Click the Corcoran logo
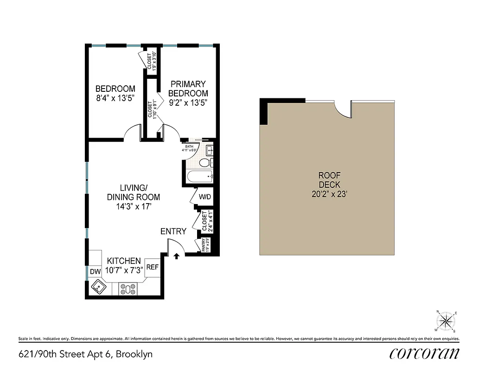coord(424,353)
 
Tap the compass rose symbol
coord(446,321)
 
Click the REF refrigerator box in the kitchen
coord(153,267)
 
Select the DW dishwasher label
coord(95,271)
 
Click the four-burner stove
coord(128,289)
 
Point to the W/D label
coord(205,197)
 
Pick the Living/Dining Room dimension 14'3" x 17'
coord(134,207)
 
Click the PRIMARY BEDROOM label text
coord(188,89)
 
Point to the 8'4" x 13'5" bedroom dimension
coord(115,98)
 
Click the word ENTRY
coord(173,231)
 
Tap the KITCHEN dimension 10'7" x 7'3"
coord(124,270)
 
